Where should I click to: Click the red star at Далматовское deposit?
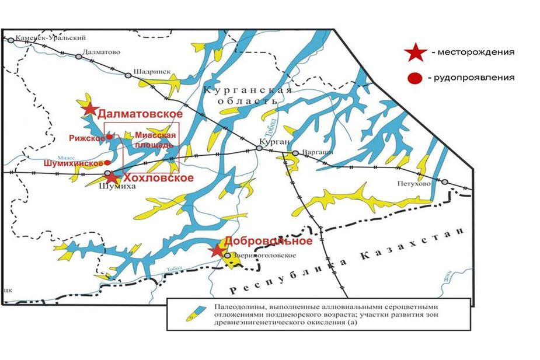[x=89, y=109]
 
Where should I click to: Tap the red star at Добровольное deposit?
[x=218, y=251]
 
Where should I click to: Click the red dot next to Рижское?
[x=109, y=137]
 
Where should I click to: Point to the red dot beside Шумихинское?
[x=107, y=162]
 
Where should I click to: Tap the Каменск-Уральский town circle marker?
[x=11, y=40]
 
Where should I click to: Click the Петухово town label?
[x=415, y=183]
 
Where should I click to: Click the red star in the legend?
[x=415, y=53]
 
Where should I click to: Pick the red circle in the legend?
[x=416, y=79]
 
